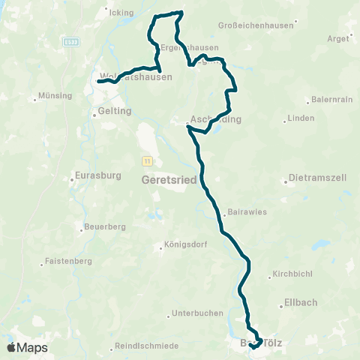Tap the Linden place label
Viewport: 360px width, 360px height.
301,118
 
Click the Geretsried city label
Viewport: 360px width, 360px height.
169,181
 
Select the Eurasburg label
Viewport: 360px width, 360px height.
94,177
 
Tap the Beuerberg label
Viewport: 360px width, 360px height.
105,226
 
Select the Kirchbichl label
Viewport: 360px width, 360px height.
290,274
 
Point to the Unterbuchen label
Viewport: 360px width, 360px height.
193,313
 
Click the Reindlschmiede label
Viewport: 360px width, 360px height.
146,346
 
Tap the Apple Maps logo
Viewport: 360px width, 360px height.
27,347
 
